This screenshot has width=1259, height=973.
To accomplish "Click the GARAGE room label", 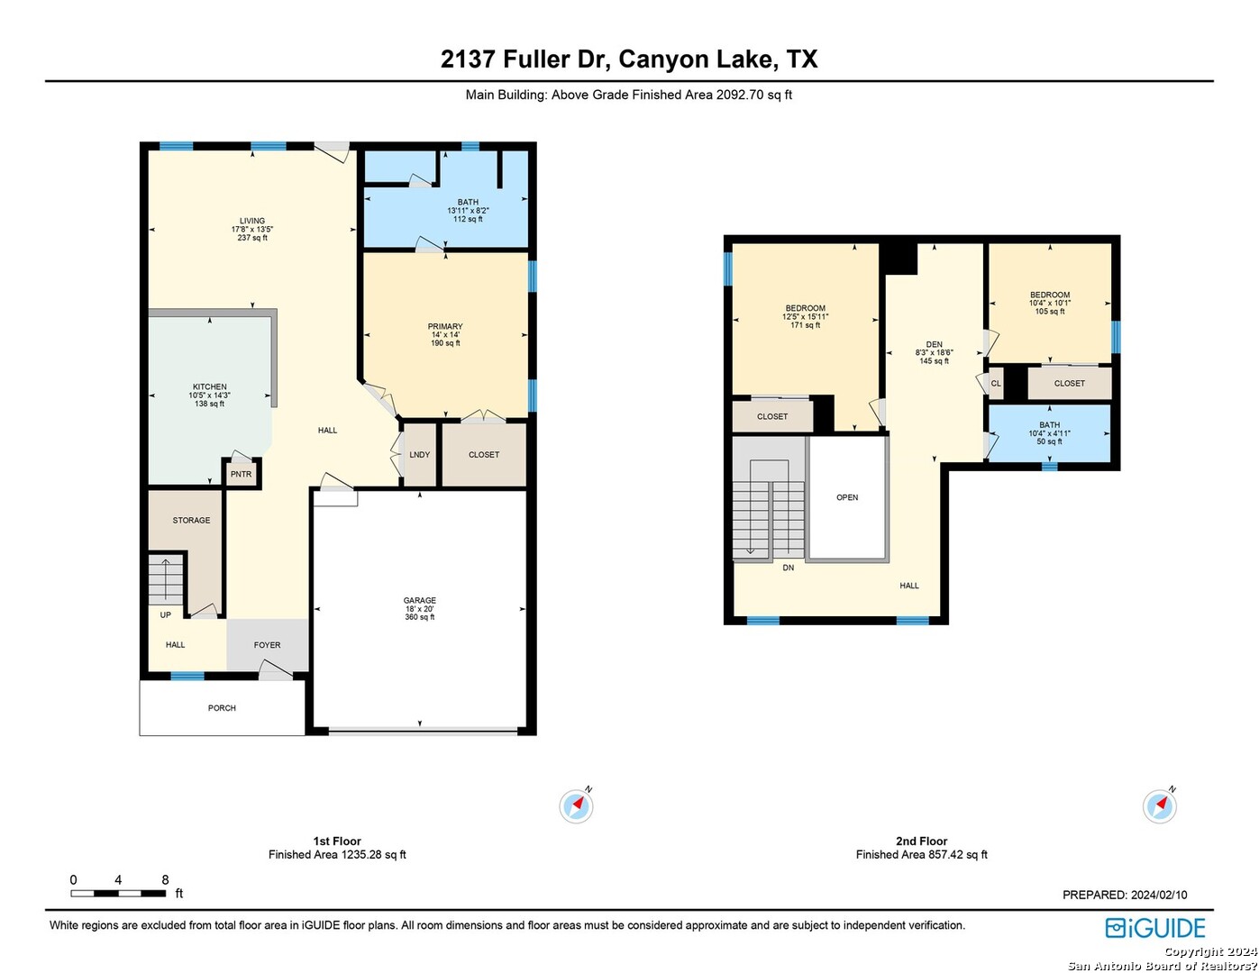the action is tap(419, 600).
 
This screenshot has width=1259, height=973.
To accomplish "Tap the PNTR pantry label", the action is tap(241, 474).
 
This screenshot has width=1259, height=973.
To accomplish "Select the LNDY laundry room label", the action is tap(419, 455).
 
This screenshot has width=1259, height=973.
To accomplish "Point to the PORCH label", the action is tap(222, 708).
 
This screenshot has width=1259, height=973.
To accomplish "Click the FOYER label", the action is tap(267, 645).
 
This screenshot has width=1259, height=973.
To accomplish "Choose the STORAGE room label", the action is tap(191, 520).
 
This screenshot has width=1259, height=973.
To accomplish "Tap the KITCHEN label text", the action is tap(210, 386).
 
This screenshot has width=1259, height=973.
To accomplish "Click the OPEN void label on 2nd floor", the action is tap(847, 497).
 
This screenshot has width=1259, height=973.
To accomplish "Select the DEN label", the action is tap(934, 344).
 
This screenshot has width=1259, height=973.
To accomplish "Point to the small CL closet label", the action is tap(996, 384).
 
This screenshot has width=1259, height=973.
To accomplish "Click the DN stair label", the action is tap(788, 568).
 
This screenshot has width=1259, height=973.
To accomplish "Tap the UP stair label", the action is tap(165, 614).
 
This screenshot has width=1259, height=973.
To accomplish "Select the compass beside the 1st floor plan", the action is tap(576, 805).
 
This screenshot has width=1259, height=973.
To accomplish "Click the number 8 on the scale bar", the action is tap(165, 879).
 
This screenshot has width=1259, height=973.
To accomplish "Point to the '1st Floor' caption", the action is tap(337, 841).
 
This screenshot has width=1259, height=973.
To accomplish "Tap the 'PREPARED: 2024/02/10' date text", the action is tap(1125, 895).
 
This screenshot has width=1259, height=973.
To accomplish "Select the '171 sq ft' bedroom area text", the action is tap(806, 325).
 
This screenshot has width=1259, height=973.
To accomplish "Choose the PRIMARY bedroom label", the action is tap(445, 326).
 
